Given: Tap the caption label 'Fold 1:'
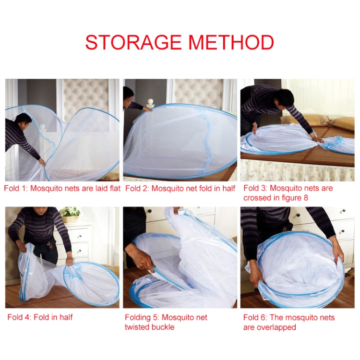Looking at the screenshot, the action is coord(16,188).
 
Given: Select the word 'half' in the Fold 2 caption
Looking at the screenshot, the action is coord(228,188).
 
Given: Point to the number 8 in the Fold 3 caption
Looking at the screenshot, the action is coord(306,198).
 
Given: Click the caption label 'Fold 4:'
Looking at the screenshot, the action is coord(19,317).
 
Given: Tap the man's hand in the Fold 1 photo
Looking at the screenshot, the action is coord(42,162).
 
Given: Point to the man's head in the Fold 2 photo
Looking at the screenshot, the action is coord(128,96).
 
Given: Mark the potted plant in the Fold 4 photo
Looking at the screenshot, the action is coord(70,214).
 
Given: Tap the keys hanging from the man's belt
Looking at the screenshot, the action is coord(49,246).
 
